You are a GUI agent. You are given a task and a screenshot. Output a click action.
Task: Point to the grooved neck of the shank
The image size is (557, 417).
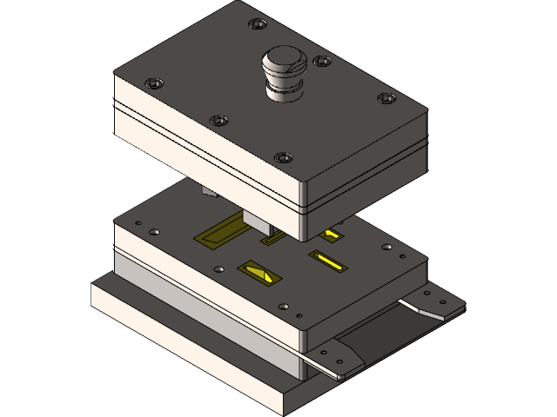point(285,87)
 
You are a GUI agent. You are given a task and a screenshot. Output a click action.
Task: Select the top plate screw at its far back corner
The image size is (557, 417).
point(254,23)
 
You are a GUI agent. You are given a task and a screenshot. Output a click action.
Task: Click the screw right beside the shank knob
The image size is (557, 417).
point(322,62)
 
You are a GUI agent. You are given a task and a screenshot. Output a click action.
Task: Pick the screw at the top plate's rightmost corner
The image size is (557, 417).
point(385,98)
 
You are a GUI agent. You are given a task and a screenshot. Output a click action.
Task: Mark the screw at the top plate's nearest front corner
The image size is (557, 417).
point(283,158)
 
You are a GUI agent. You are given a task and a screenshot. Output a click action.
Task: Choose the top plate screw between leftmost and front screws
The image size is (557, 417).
point(218,121)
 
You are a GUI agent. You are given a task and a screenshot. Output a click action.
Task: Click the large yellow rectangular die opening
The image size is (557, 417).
point(218,231)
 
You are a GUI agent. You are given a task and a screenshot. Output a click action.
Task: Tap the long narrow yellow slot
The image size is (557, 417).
point(329,260)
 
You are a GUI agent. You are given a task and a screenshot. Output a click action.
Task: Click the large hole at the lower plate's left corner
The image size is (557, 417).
point(155,233)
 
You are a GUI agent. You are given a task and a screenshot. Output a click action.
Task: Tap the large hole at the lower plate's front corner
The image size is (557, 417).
point(284,306)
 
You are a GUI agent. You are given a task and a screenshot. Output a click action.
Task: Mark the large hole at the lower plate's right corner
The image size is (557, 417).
point(386,247)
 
